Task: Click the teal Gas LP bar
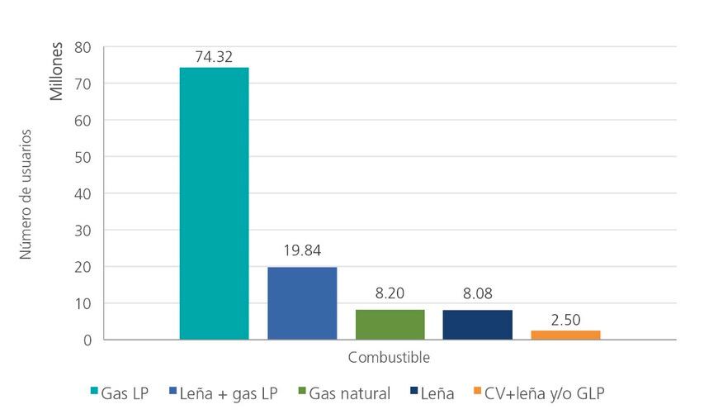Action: (x=214, y=203)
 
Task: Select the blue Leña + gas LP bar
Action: (x=302, y=303)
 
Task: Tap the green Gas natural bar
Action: (x=390, y=324)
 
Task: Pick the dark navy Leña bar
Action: (x=477, y=325)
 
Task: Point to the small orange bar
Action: (x=565, y=335)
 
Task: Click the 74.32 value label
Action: (x=214, y=57)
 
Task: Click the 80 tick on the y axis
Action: (x=83, y=47)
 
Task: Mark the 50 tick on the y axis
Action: (x=83, y=157)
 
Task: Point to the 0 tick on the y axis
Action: (x=87, y=340)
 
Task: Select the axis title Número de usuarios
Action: (x=26, y=193)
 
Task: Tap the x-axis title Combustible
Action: (x=389, y=358)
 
